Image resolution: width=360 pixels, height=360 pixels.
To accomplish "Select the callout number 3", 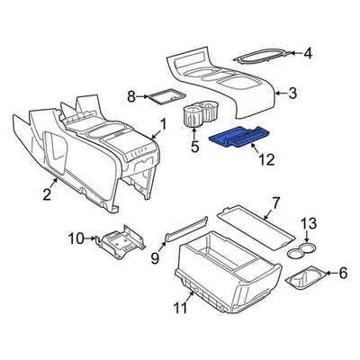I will [292, 91].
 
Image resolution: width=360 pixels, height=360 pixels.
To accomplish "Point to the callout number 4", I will [308, 54].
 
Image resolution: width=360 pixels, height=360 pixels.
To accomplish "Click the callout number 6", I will [340, 273].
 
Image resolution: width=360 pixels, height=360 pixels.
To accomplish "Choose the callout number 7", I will [276, 202].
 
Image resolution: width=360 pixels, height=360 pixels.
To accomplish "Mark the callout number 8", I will [131, 95].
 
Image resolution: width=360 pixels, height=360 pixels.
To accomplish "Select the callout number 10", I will [77, 238].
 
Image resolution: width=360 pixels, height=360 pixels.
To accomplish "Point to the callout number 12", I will [263, 161].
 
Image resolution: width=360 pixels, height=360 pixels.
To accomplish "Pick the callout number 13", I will [308, 222].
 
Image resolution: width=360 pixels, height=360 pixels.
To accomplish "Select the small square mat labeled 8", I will [165, 93].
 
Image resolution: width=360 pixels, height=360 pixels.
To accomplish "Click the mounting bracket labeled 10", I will [120, 242].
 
